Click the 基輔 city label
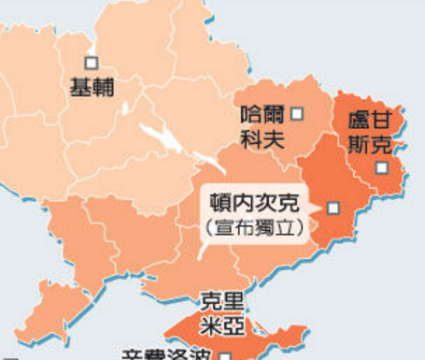coord(92,88)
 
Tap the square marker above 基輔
coord(92,63)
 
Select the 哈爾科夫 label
coord(261,128)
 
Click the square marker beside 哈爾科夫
coord(297,114)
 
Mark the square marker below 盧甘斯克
coord(381,168)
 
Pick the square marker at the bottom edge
coord(225,355)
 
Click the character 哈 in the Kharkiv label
coord(249,116)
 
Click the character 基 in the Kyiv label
coord(80,88)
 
